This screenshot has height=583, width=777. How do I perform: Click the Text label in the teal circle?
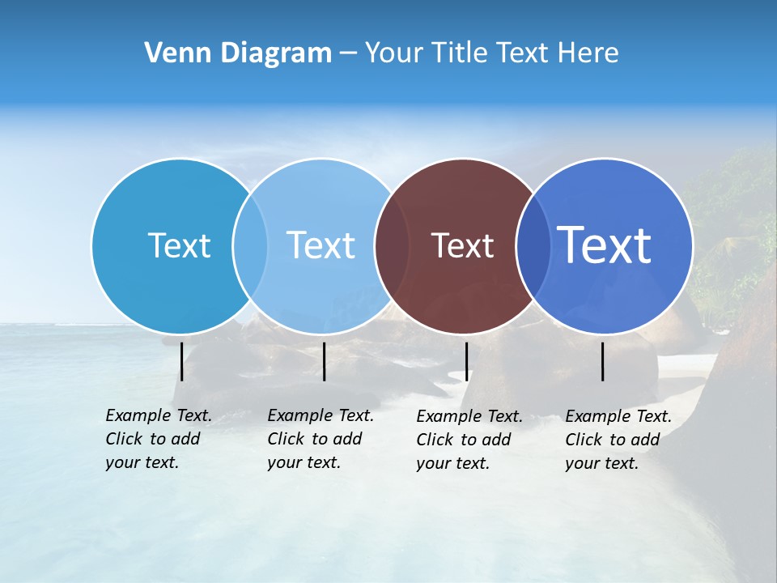click(179, 245)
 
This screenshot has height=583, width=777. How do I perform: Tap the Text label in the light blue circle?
click(321, 245)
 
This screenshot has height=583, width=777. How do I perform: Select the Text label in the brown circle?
click(462, 245)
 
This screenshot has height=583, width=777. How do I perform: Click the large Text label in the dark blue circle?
click(605, 245)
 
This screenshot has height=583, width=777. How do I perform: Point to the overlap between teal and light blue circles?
click(250, 245)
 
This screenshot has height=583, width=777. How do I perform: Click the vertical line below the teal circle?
click(182, 361)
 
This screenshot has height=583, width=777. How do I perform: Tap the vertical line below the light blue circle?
click(324, 361)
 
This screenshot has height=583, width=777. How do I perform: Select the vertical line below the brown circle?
click(466, 361)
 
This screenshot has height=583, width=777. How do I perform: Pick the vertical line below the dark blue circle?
click(603, 361)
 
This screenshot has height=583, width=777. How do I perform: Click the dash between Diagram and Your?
click(348, 53)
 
